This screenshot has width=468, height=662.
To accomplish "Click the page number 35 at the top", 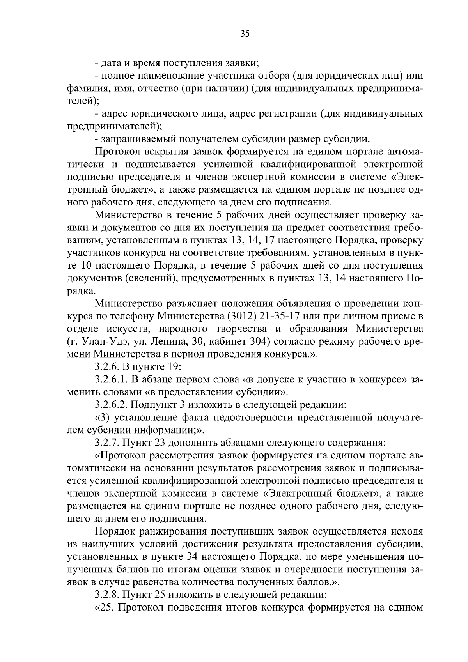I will pyautogui.click(x=245, y=34).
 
